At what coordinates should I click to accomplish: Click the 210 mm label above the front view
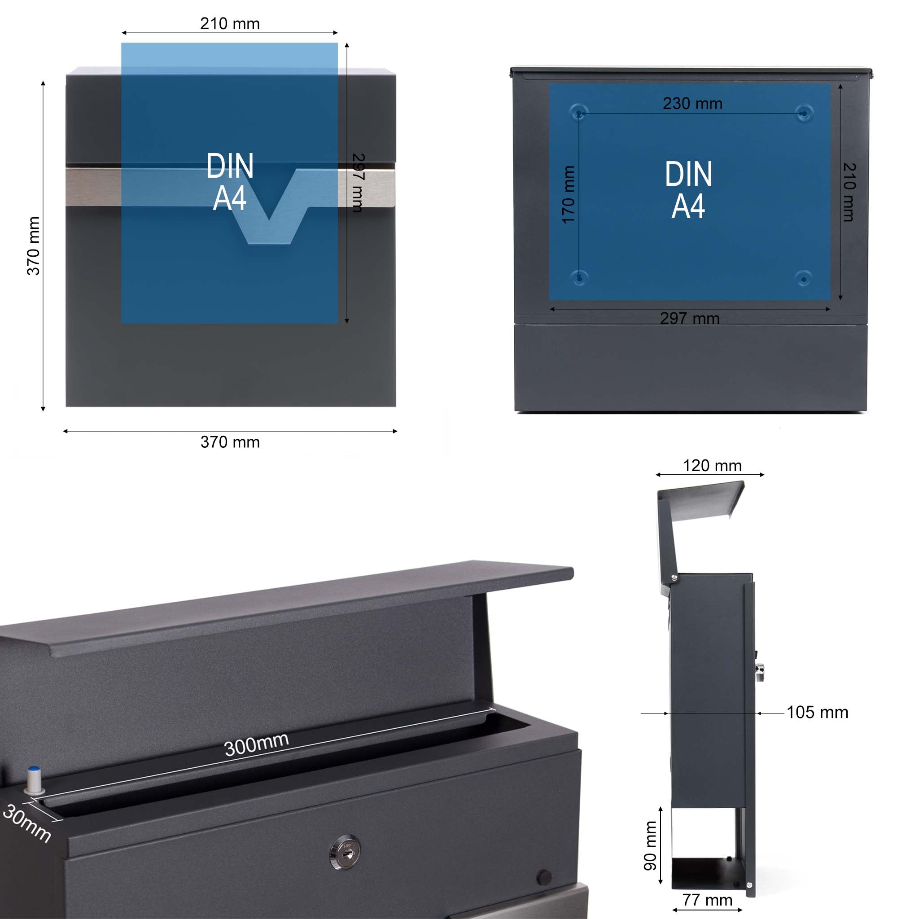pos(230,24)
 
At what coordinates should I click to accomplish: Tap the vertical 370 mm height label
pos(33,245)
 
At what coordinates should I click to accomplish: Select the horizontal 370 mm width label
pos(230,442)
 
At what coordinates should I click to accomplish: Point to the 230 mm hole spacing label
pos(692,104)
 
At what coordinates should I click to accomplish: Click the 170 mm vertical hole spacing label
pos(569,195)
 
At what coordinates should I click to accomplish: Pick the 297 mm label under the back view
pos(690,318)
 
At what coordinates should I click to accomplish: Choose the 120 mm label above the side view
pos(712,466)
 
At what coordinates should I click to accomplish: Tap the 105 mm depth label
pos(817,712)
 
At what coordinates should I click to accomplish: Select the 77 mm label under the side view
pos(707,900)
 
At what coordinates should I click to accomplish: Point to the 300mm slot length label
pos(256,744)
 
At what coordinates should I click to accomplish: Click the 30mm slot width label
pos(26,823)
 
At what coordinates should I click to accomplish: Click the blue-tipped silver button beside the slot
pos(34,779)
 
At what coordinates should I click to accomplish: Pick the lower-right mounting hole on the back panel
pos(804,278)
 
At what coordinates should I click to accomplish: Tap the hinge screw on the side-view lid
pos(674,578)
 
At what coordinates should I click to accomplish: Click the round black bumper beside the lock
pos(544,877)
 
